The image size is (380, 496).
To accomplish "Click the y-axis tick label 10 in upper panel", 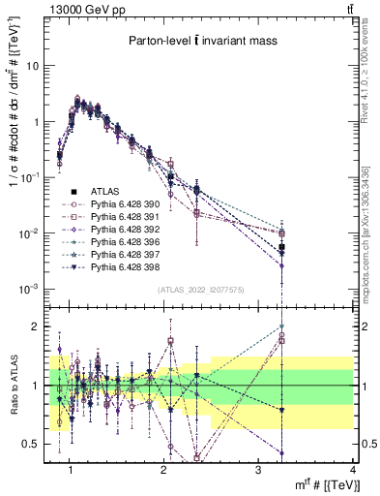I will click(35, 66).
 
